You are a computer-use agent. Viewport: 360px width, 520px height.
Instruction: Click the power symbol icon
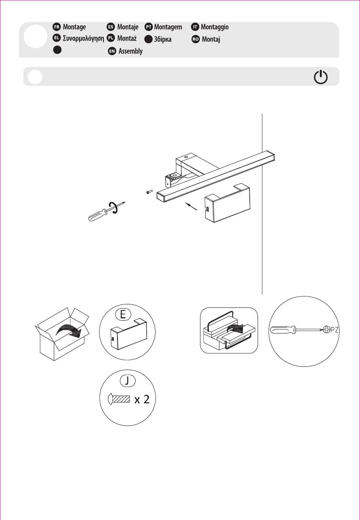pyautogui.click(x=321, y=77)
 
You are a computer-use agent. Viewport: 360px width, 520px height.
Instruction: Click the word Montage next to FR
pyautogui.click(x=74, y=27)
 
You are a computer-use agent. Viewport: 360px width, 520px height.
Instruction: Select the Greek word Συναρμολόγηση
pyautogui.click(x=83, y=38)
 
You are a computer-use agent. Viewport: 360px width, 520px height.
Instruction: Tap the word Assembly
pyautogui.click(x=130, y=51)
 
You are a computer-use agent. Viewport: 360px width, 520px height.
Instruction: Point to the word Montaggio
pyautogui.click(x=215, y=27)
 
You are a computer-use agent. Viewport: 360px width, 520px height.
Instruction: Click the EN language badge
pyautogui.click(x=112, y=51)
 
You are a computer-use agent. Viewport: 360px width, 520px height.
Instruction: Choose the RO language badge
pyautogui.click(x=196, y=39)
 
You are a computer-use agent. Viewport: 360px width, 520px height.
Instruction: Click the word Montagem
pyautogui.click(x=168, y=27)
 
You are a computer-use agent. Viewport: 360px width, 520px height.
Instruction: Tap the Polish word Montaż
pyautogui.click(x=127, y=38)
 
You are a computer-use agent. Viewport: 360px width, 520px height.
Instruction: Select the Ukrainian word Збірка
pyautogui.click(x=163, y=39)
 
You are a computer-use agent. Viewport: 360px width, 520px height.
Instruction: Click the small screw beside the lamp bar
pyautogui.click(x=149, y=192)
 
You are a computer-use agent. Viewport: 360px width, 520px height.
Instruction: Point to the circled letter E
pyautogui.click(x=123, y=315)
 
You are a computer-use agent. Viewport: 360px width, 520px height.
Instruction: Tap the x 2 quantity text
pyautogui.click(x=142, y=400)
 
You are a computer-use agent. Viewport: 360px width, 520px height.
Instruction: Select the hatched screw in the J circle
pyautogui.click(x=119, y=399)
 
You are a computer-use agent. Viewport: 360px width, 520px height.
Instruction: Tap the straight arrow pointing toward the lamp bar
pyautogui.click(x=191, y=206)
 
